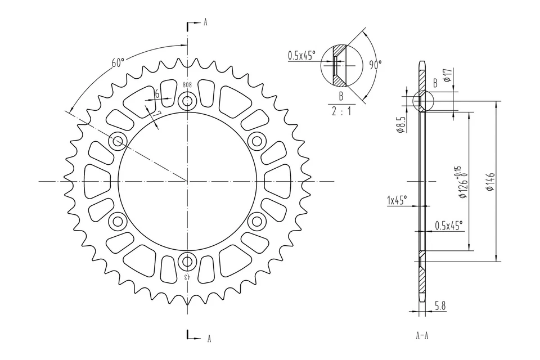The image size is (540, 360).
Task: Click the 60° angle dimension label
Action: coord(118,62)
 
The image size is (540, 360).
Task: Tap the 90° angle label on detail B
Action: coord(375,64)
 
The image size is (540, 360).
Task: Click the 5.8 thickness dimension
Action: coord(440,307)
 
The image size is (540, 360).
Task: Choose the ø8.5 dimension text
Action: coord(400,124)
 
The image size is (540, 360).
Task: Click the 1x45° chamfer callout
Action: coord(397,200)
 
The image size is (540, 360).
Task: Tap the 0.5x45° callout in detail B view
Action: coord(302,55)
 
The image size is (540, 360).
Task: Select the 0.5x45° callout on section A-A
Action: coord(448,226)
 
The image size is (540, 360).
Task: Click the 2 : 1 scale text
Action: coord(341,111)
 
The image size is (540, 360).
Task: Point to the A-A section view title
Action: coord(422,336)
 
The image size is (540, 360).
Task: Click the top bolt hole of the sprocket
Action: coord(187,102)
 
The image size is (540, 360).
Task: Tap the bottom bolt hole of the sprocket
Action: coord(187,261)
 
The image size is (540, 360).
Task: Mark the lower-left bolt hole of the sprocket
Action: coord(118,221)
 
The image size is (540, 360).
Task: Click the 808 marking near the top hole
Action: coord(187,85)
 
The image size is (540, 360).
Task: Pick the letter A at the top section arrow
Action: coord(205,22)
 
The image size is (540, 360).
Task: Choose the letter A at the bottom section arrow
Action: coord(209,339)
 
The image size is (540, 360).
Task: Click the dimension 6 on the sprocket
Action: coord(157,94)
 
